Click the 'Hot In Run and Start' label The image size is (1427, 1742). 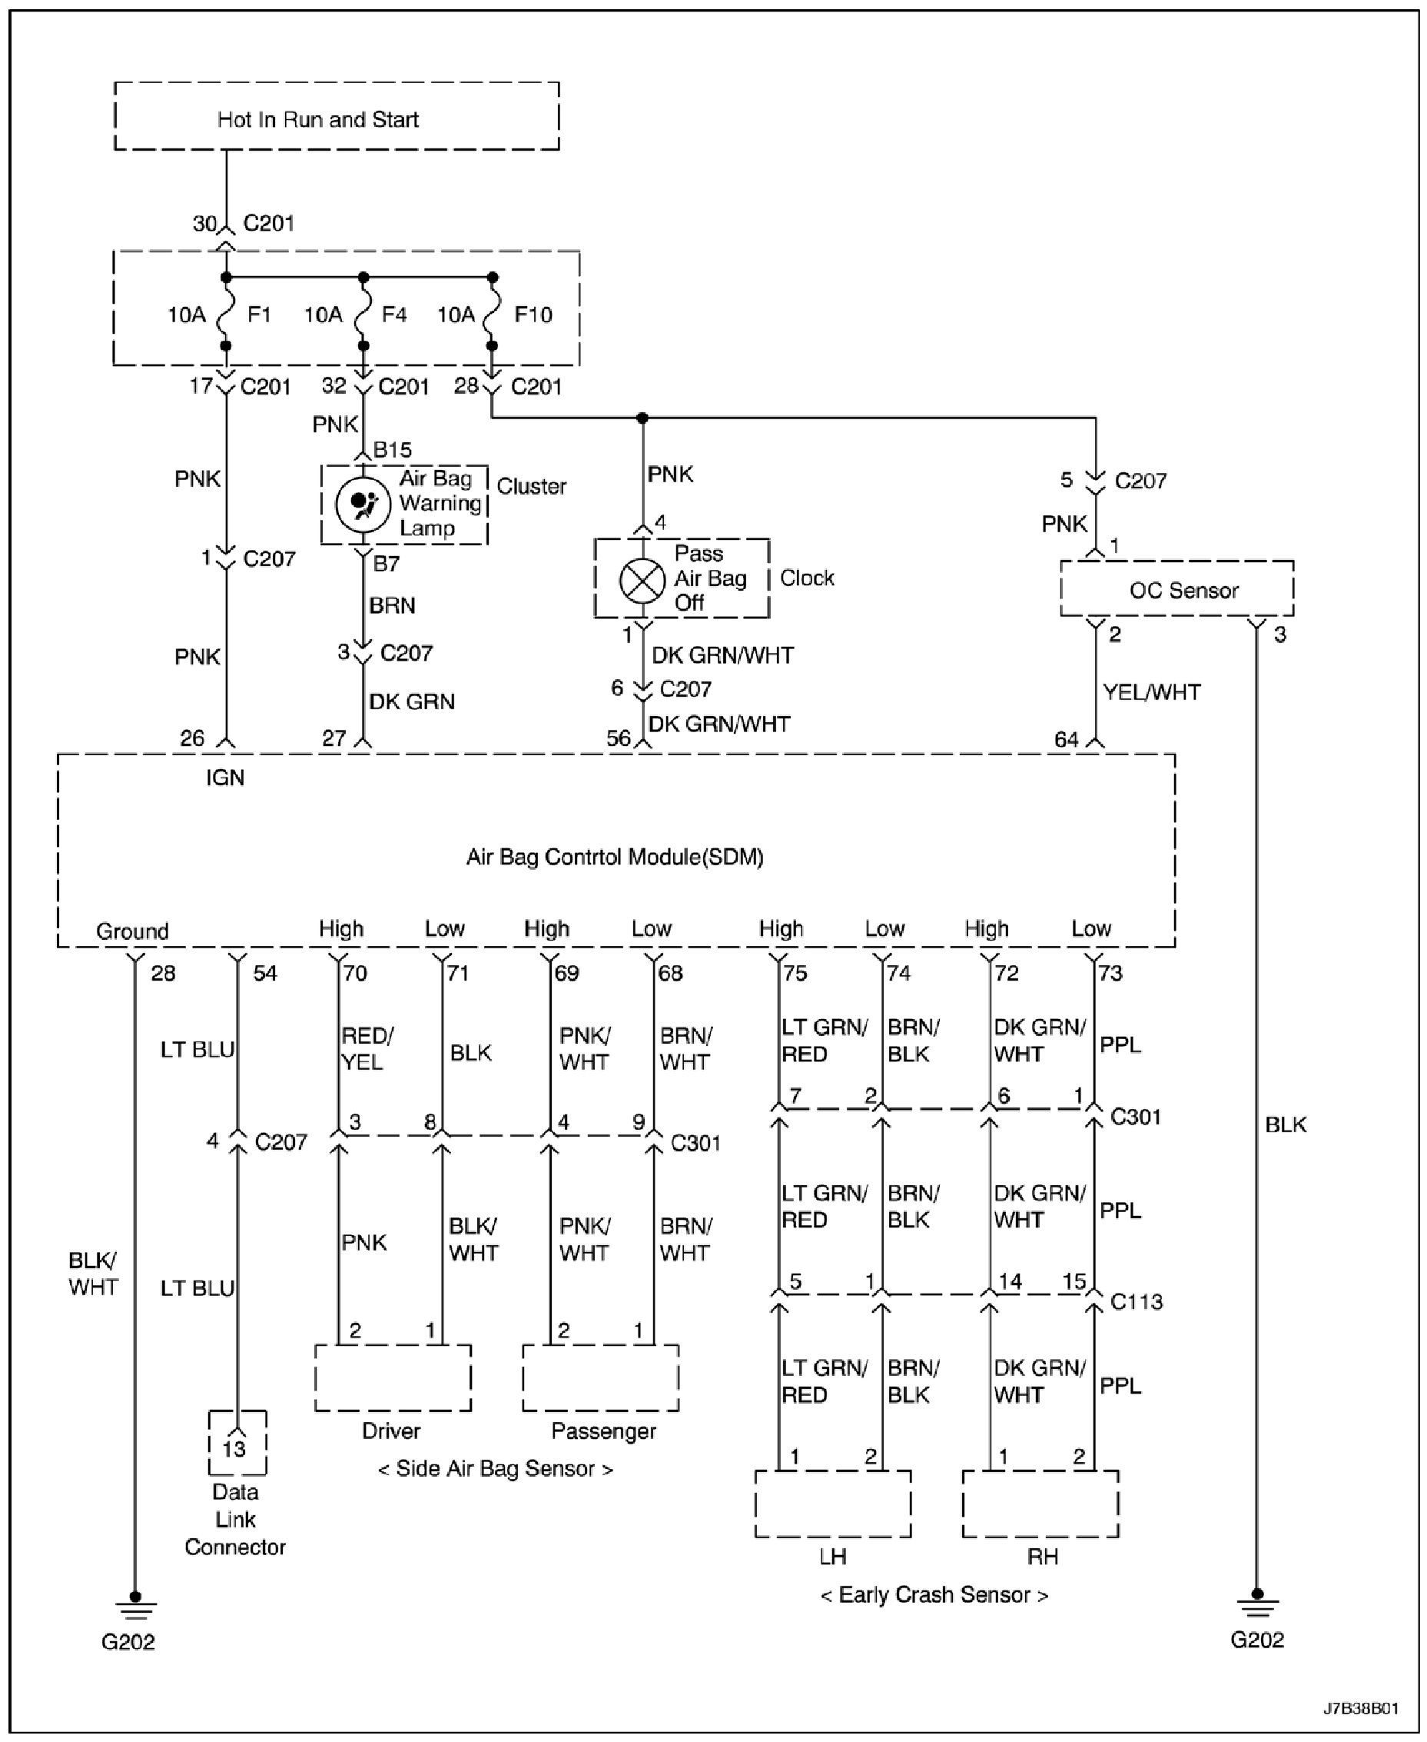point(317,120)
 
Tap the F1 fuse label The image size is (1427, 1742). point(259,315)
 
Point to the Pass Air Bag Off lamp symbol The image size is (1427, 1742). point(641,580)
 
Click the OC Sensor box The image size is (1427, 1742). point(1176,590)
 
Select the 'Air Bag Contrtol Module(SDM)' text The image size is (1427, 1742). point(615,858)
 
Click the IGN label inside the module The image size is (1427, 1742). point(225,778)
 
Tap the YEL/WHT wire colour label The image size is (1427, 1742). point(1152,692)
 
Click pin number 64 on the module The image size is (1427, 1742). point(1066,739)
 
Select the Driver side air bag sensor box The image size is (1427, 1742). point(393,1378)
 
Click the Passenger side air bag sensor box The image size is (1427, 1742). point(601,1378)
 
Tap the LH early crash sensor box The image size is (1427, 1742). point(833,1504)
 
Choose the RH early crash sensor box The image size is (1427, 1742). point(1040,1504)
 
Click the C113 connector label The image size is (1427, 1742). point(1137,1302)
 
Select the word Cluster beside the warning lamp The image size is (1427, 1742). point(531,487)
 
